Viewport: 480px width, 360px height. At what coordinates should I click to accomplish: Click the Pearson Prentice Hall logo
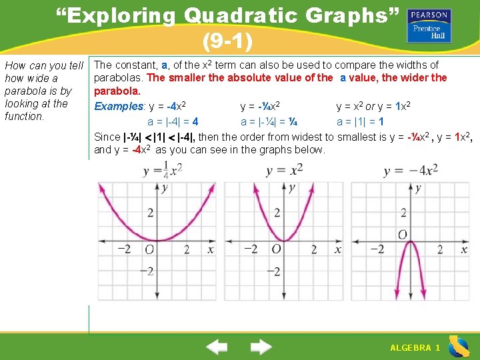[430, 25]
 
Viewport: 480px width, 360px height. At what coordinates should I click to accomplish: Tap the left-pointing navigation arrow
[217, 347]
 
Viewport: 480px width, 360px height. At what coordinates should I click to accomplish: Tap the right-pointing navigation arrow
[261, 347]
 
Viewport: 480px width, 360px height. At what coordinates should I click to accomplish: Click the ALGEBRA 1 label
[415, 348]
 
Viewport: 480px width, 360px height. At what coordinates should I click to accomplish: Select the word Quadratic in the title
[241, 16]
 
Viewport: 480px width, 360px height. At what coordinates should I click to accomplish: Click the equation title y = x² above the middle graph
[284, 171]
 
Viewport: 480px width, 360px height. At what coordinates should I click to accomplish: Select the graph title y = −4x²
[411, 171]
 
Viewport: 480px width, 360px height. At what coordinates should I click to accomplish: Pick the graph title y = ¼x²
[162, 171]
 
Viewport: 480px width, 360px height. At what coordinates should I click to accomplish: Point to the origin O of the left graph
[150, 249]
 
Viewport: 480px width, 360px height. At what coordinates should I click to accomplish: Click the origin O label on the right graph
[403, 235]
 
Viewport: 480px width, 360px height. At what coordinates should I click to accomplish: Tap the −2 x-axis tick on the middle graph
[251, 249]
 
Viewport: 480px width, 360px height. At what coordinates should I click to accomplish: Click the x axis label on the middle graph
[337, 249]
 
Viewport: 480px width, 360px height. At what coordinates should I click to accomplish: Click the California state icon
[459, 347]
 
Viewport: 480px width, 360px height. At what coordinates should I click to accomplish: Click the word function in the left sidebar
[24, 116]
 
